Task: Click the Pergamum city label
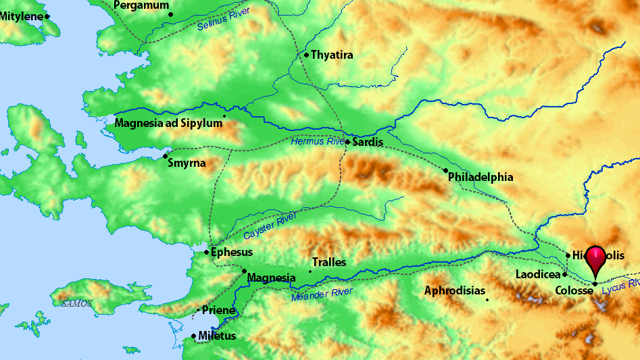click(141, 5)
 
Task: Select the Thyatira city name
click(332, 55)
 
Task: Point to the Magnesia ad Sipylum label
click(168, 123)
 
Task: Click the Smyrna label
click(187, 163)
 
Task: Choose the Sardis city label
click(368, 143)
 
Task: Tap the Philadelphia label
click(481, 178)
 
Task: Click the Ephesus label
click(232, 253)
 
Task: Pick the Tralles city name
click(329, 262)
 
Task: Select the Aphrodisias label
click(455, 291)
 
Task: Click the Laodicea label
click(538, 275)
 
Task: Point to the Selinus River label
click(224, 20)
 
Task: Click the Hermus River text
click(318, 142)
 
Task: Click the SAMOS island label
click(76, 303)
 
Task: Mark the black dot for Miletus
click(194, 336)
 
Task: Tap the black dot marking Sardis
click(347, 142)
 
